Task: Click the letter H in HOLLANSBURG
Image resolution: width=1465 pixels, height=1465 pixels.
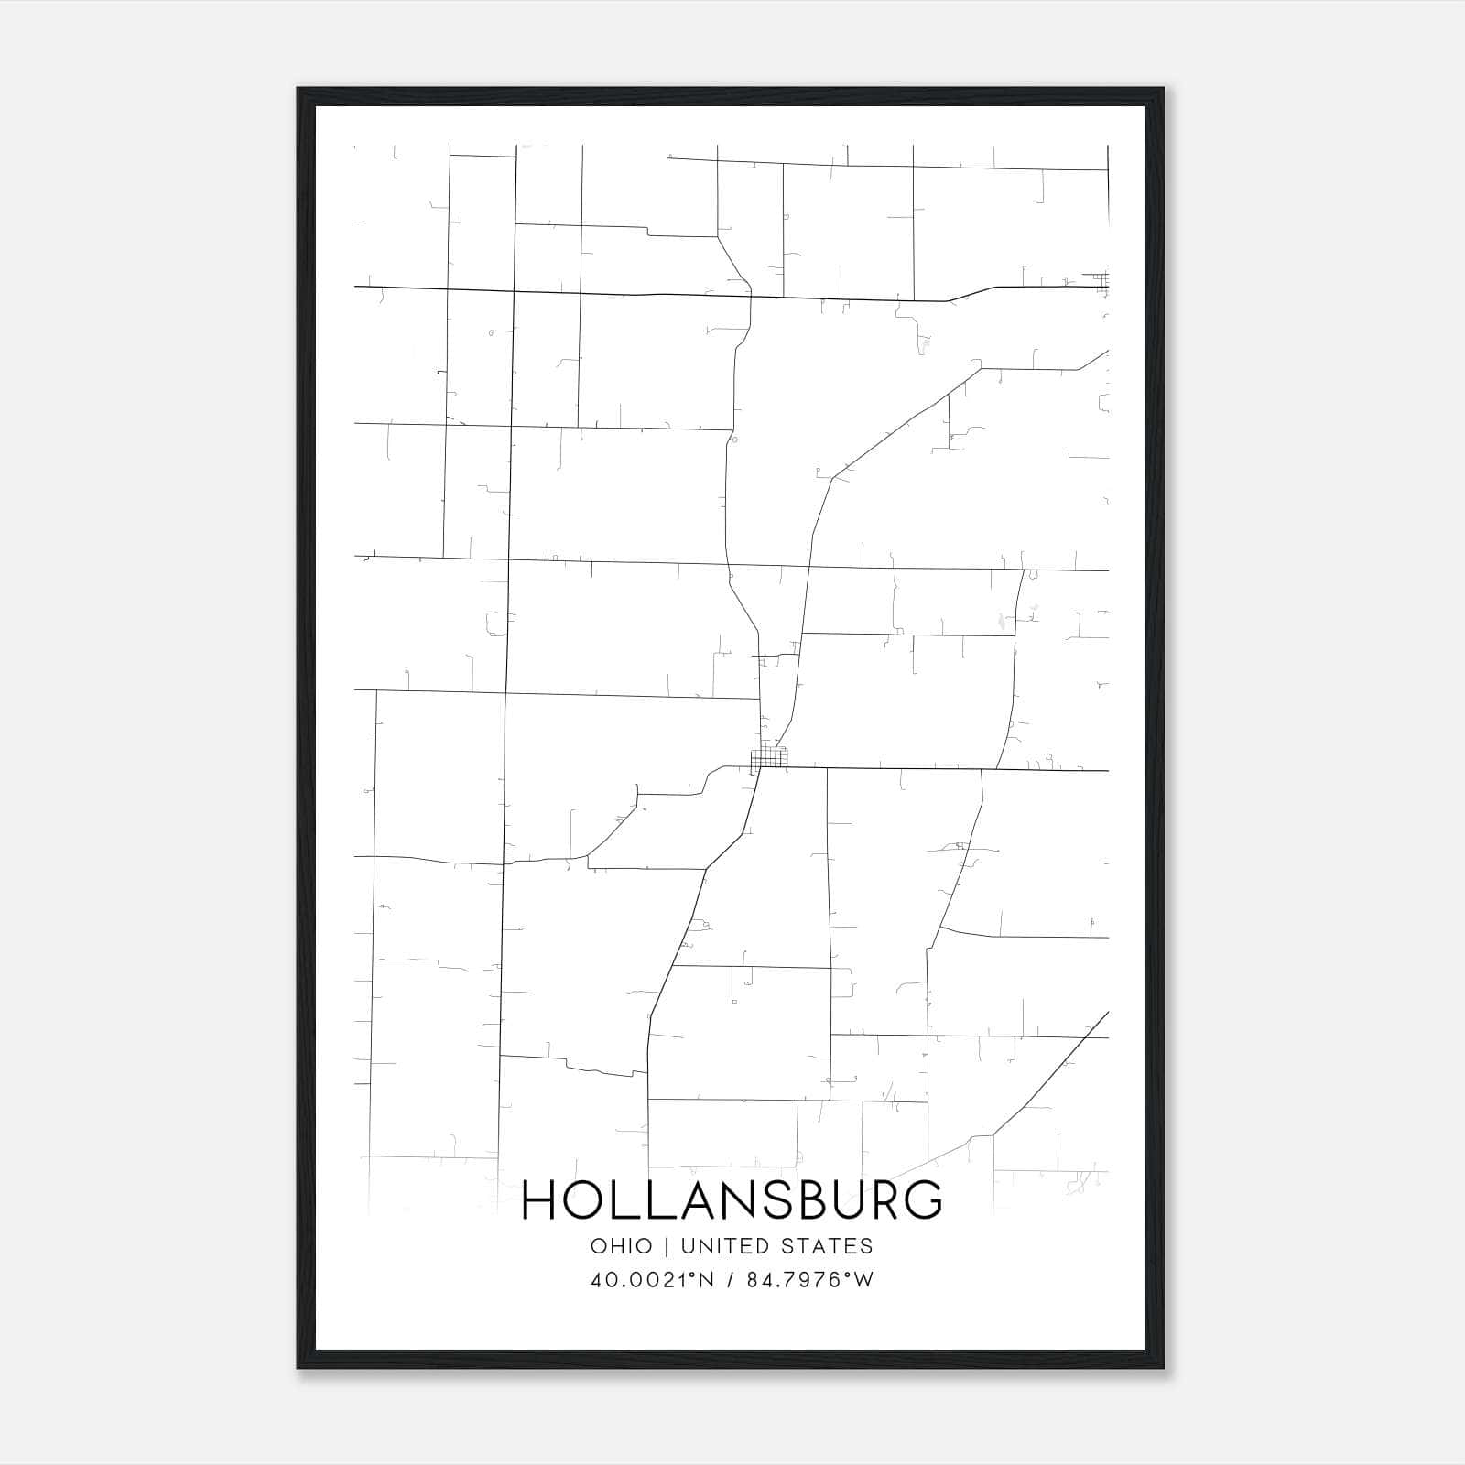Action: coord(538,1200)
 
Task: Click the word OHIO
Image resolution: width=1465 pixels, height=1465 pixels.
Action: coord(622,1246)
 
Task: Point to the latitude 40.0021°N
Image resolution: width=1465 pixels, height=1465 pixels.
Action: coord(651,1280)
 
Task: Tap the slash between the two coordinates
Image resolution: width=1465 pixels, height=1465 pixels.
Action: coord(730,1280)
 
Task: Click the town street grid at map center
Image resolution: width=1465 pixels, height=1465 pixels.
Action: coord(768,759)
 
